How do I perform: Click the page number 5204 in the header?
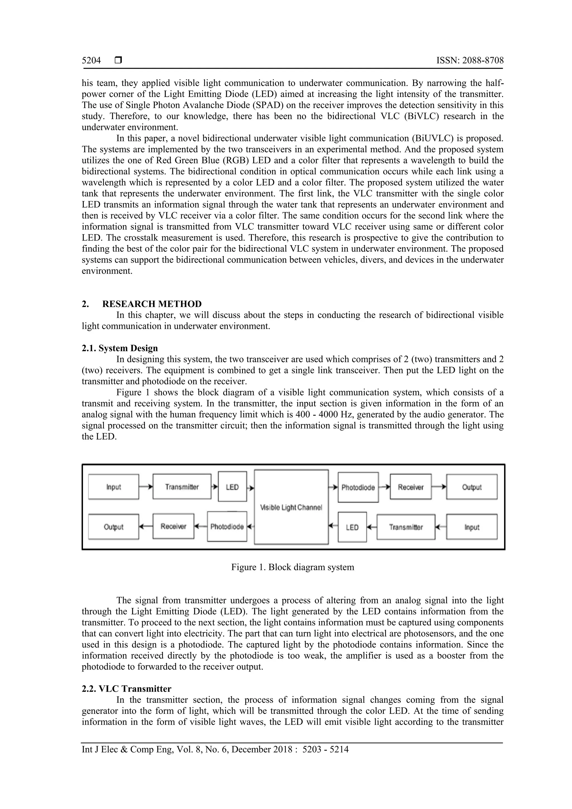(x=91, y=61)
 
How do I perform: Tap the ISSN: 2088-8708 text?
(x=470, y=61)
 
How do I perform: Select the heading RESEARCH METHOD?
(x=152, y=304)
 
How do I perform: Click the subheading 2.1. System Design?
(x=120, y=348)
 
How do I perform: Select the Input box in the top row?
(x=113, y=487)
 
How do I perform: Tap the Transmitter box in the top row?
(x=182, y=487)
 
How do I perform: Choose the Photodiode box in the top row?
(x=358, y=487)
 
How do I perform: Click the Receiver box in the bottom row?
(x=173, y=526)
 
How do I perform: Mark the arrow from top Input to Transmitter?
(x=146, y=487)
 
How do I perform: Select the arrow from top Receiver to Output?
(x=439, y=487)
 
